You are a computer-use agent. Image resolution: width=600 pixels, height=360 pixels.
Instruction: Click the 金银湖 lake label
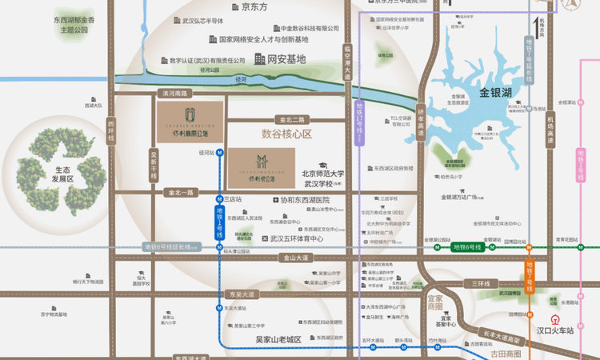point(496,93)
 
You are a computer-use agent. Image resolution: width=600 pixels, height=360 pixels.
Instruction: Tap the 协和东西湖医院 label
point(304,200)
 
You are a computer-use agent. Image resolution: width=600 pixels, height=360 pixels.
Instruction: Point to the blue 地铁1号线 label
point(220,221)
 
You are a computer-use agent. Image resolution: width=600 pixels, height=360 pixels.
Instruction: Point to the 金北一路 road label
point(180,193)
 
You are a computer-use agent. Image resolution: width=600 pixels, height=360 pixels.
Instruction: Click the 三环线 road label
point(481,283)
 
